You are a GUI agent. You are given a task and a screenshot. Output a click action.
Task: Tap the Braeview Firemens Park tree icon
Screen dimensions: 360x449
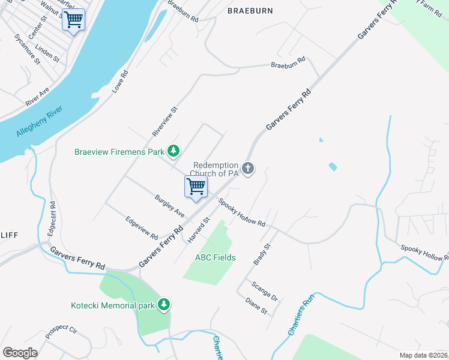tap(173, 151)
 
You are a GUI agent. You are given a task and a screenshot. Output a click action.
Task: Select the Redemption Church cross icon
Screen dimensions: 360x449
tap(248, 169)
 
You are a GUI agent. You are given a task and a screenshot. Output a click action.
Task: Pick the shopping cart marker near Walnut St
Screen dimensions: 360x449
tap(73, 20)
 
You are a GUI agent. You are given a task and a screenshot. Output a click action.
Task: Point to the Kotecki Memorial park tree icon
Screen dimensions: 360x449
tap(163, 305)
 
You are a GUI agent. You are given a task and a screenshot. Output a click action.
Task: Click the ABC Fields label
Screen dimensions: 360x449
tap(215, 257)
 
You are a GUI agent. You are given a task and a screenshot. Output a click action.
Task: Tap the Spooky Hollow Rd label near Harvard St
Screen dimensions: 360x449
tap(242, 212)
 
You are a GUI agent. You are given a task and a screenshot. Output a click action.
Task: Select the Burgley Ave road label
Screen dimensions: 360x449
tap(169, 205)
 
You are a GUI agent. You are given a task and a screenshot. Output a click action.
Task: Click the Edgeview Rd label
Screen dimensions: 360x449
tap(142, 228)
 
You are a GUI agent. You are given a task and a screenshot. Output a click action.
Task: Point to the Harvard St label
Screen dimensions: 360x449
tap(197, 230)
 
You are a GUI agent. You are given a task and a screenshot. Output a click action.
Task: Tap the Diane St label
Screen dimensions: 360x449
tap(256, 307)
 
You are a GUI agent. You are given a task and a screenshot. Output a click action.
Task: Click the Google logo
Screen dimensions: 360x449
tap(20, 353)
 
